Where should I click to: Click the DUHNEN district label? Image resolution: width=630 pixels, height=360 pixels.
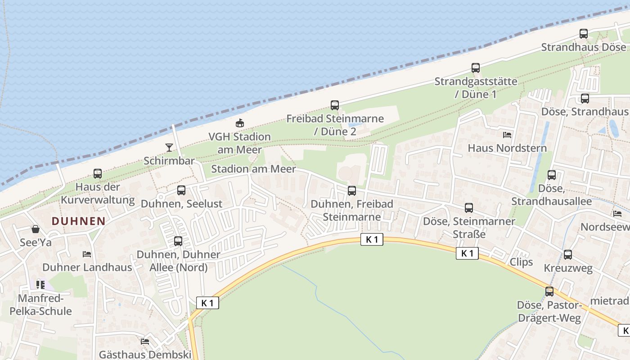point(78,221)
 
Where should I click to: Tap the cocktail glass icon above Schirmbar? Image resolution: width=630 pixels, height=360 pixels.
point(169,147)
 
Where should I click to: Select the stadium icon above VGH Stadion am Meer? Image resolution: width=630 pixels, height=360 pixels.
point(240,123)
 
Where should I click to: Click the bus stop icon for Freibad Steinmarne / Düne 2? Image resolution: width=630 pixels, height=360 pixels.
point(335,105)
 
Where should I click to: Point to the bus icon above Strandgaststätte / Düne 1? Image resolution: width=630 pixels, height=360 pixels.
point(476,68)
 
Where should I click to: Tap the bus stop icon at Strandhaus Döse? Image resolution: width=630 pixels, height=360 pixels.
point(584,33)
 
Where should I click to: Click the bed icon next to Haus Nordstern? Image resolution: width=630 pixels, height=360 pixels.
point(507,135)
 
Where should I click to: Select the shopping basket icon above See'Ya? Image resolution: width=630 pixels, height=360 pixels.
point(36,229)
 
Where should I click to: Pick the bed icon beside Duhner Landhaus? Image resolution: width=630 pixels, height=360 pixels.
point(87,254)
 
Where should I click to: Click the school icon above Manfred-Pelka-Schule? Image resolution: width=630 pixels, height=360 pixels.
point(40,284)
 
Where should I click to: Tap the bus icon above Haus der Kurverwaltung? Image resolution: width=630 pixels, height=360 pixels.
point(98,173)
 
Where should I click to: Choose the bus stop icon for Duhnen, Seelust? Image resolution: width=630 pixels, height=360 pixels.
point(181,190)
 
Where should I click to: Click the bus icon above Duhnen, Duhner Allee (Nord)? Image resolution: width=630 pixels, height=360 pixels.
point(178,241)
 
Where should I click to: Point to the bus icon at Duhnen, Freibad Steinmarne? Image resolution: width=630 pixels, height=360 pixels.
point(352,191)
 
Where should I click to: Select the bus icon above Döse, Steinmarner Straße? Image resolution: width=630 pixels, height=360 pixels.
point(469,208)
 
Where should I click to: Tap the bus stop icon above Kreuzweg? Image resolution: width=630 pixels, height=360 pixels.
point(568,255)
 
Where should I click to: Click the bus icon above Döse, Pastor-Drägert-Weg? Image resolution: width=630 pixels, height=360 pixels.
point(549,292)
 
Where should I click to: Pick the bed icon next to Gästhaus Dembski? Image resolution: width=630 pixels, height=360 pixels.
point(145,342)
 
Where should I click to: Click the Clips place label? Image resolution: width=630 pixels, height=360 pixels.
point(521,262)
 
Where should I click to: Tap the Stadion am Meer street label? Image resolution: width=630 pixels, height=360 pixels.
point(253,169)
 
